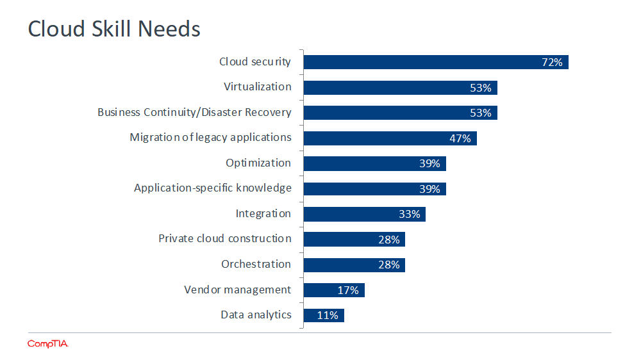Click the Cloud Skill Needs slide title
pyautogui.click(x=114, y=29)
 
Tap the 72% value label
pyautogui.click(x=551, y=62)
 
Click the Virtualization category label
pyautogui.click(x=257, y=86)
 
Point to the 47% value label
pyautogui.click(x=460, y=138)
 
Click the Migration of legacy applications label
pyautogui.click(x=210, y=138)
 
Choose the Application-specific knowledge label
pyautogui.click(x=212, y=188)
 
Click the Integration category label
pyautogui.click(x=263, y=213)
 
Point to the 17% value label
pyautogui.click(x=348, y=290)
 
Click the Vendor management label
pyautogui.click(x=237, y=290)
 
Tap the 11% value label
pyautogui.click(x=328, y=315)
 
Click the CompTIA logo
pyautogui.click(x=47, y=344)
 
